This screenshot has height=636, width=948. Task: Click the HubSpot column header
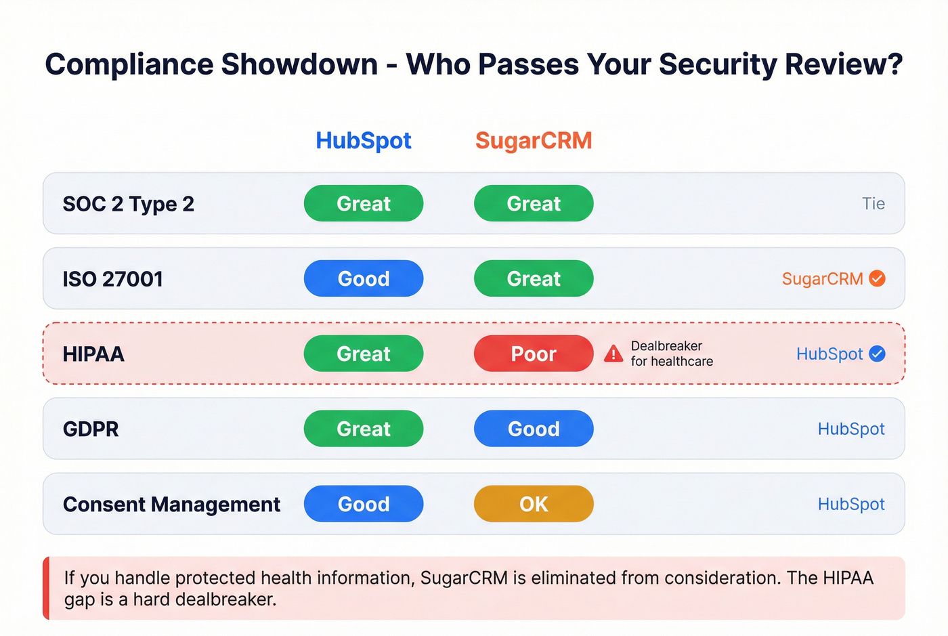coord(364,140)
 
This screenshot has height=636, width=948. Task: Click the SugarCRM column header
coord(534,140)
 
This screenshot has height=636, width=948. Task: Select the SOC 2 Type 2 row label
coord(128,204)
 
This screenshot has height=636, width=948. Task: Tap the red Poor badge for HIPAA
coord(534,354)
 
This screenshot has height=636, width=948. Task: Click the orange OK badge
coord(534,504)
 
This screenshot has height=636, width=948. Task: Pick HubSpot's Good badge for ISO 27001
coord(364,278)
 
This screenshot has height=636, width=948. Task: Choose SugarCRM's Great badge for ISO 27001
coord(534,278)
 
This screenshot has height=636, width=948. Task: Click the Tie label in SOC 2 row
coord(873,204)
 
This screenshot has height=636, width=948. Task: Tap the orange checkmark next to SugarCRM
coord(877,278)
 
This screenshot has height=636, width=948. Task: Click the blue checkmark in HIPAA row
coord(877,354)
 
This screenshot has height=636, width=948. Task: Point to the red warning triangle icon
coord(613,354)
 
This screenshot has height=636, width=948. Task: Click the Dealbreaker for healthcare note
coord(671,354)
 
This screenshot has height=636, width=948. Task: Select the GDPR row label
coord(91,429)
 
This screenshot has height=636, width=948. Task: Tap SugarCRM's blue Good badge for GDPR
coord(534,429)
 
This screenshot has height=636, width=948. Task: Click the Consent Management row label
coord(171,504)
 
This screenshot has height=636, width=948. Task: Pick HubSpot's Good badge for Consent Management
coord(364,504)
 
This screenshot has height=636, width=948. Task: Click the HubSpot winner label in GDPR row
coord(851,429)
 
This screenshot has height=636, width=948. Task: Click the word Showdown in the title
coord(299,65)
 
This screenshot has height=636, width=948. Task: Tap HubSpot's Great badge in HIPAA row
coord(364,354)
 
